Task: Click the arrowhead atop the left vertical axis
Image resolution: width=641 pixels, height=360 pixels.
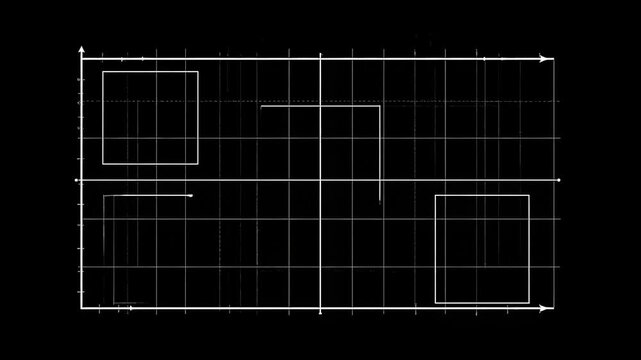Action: [x=82, y=49]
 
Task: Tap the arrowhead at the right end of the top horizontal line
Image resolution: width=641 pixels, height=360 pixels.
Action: [x=549, y=59]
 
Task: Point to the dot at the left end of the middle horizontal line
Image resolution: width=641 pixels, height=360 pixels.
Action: [x=78, y=180]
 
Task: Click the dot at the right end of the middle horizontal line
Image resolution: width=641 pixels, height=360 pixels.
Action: [x=558, y=180]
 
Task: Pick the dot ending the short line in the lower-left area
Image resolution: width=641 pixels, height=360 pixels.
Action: [x=191, y=195]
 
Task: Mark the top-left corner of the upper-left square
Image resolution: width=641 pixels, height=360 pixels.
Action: [x=103, y=72]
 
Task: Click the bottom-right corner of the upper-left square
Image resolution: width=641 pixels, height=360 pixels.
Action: [x=198, y=164]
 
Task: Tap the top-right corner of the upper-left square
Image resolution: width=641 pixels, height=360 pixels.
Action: [x=198, y=72]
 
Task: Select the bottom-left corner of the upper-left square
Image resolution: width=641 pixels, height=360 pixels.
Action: [x=103, y=164]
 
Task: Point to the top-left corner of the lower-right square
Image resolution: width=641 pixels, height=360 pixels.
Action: [x=435, y=195]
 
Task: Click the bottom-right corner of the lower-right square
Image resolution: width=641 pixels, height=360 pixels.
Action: [x=529, y=303]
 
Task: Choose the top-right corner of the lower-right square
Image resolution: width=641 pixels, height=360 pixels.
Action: [x=529, y=195]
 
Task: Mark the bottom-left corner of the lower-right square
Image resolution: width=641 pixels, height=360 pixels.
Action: [x=435, y=303]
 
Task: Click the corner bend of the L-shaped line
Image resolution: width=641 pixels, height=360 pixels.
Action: [x=380, y=106]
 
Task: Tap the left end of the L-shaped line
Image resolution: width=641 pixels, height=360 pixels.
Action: [x=261, y=106]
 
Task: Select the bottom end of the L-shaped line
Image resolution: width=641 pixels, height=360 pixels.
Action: [x=380, y=201]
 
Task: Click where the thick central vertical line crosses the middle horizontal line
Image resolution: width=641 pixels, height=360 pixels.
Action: [x=320, y=180]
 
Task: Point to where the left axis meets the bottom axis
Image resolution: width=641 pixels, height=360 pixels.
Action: [x=82, y=309]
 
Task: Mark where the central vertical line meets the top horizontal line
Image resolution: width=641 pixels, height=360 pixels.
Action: [x=320, y=59]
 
